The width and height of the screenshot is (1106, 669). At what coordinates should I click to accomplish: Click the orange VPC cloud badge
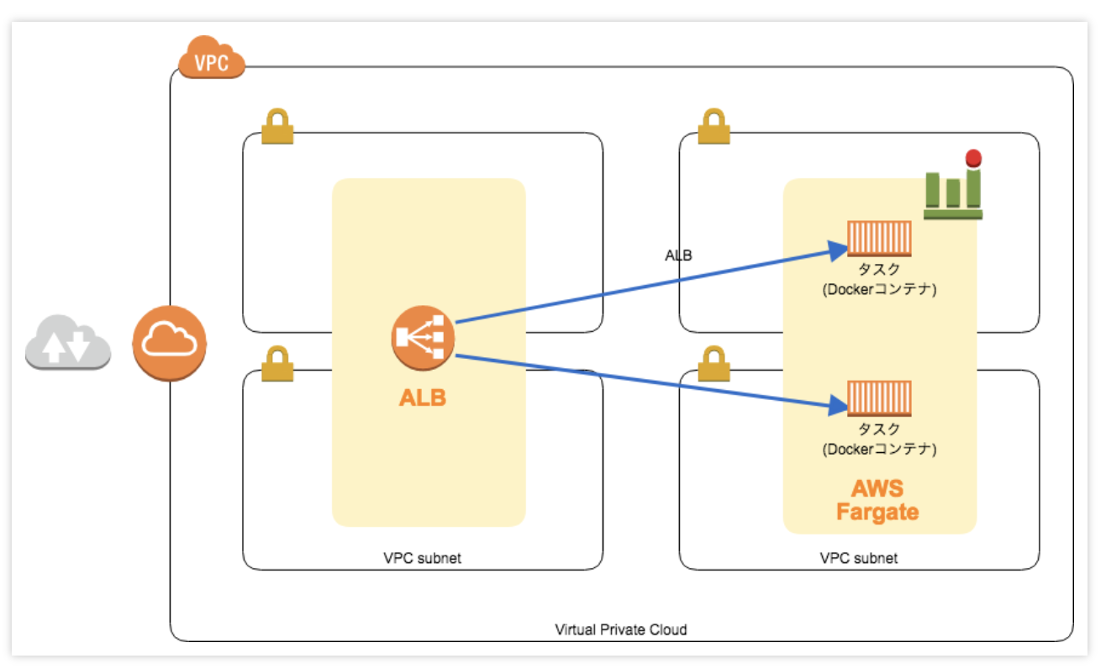point(212,59)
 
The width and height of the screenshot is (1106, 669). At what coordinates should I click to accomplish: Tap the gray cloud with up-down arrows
point(67,343)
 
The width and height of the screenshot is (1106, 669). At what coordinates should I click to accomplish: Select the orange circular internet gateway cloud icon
point(170,343)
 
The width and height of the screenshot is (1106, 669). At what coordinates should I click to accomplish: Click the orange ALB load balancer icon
point(423,339)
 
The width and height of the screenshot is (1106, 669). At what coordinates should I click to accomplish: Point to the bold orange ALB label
point(423,398)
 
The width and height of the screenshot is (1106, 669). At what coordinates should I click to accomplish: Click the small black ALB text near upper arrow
point(678,255)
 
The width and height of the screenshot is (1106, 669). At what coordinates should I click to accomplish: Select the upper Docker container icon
point(879,238)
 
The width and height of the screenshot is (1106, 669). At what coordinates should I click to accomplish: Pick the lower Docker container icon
point(879,398)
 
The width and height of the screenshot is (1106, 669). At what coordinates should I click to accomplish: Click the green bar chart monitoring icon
point(953,193)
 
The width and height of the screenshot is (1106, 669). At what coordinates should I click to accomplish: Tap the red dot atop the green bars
point(974,157)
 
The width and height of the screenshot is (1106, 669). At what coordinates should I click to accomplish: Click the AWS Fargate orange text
point(877,500)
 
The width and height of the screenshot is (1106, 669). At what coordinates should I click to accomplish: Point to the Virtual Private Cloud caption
point(621,629)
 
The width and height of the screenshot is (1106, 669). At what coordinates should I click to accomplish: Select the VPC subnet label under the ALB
point(422,557)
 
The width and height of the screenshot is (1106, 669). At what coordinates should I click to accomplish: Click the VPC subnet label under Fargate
point(858,557)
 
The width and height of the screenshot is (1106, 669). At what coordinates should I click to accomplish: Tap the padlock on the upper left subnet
point(277,126)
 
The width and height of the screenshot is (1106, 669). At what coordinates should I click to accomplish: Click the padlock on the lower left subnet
point(277,364)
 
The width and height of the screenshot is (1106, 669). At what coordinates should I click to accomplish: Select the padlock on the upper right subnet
point(714,126)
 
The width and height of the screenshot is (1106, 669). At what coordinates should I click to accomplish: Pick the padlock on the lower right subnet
point(714,364)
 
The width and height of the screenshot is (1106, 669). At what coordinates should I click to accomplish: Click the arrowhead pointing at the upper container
point(837,250)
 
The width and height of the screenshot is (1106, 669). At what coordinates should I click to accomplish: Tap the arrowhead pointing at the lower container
point(837,407)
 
